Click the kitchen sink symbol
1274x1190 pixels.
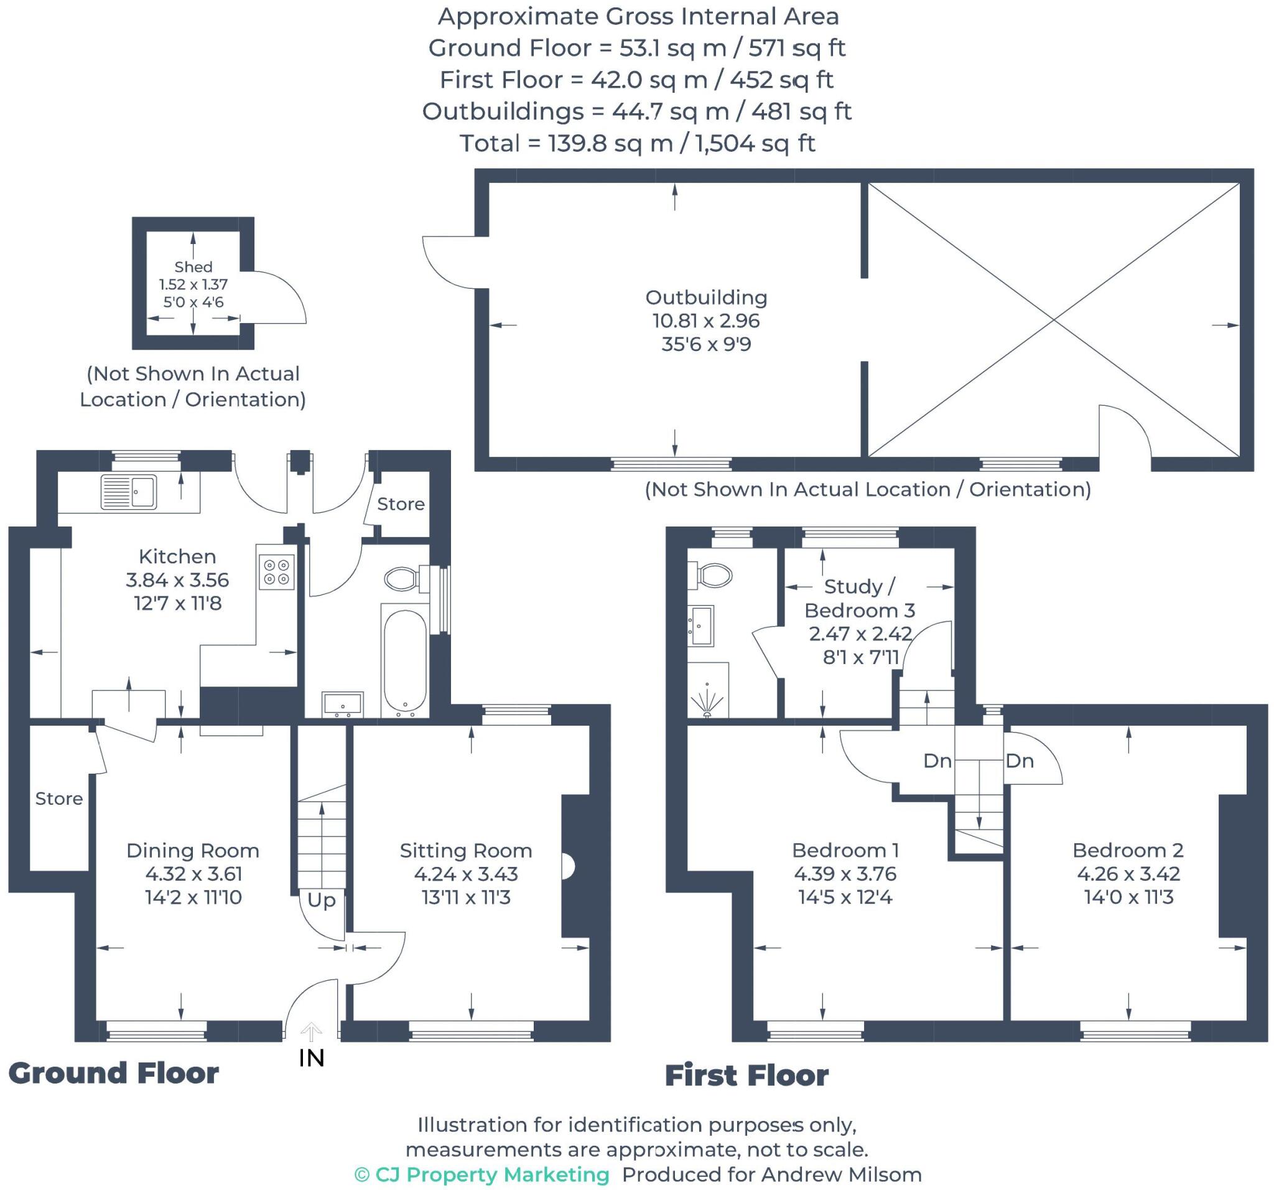pyautogui.click(x=129, y=492)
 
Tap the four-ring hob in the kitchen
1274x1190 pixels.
pyautogui.click(x=277, y=571)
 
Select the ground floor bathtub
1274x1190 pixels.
pyautogui.click(x=404, y=660)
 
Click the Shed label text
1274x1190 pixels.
pyautogui.click(x=193, y=267)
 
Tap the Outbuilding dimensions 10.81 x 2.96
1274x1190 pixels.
pyautogui.click(x=705, y=321)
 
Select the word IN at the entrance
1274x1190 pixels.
pyautogui.click(x=312, y=1058)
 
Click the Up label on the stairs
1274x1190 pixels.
pyautogui.click(x=321, y=899)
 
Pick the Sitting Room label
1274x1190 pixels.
pyautogui.click(x=466, y=850)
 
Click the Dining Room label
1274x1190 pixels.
pyautogui.click(x=193, y=850)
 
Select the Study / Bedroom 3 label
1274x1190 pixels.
pyautogui.click(x=859, y=597)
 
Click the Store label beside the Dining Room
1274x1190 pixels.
pyautogui.click(x=59, y=799)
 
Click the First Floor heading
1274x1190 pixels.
pyautogui.click(x=746, y=1075)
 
